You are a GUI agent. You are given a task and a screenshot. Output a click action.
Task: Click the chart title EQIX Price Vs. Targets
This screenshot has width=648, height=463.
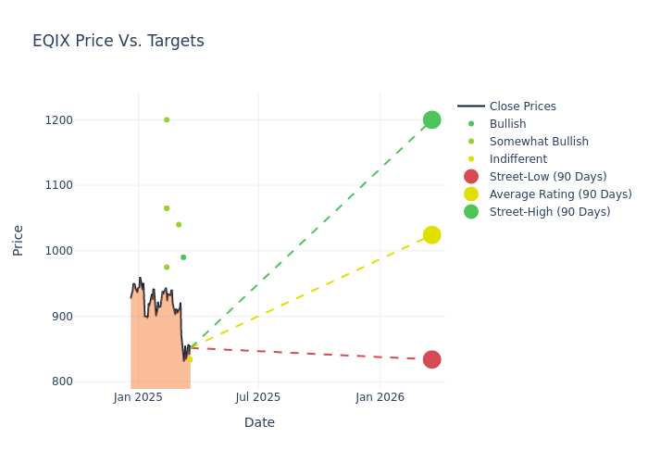118,41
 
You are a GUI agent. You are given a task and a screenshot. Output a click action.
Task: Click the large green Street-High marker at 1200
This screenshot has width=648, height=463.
431,119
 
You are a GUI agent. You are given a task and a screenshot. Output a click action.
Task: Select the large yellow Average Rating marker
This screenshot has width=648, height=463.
431,235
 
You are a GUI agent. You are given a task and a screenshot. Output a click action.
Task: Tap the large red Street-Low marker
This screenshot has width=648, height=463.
431,359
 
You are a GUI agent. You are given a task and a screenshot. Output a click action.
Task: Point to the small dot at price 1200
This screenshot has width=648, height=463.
167,119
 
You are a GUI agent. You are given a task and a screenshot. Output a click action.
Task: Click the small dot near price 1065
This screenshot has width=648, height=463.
167,208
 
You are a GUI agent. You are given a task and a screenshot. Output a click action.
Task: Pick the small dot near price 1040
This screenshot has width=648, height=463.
179,224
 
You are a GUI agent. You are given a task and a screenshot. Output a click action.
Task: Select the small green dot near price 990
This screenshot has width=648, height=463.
183,257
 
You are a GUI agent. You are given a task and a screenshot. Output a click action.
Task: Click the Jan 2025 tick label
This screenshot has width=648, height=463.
138,397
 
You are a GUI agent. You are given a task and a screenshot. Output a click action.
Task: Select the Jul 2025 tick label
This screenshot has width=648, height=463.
258,397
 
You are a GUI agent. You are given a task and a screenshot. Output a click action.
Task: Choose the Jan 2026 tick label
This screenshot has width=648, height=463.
380,397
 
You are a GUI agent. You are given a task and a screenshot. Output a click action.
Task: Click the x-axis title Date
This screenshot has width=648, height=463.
259,422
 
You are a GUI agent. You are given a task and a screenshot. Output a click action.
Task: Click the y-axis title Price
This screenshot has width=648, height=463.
19,240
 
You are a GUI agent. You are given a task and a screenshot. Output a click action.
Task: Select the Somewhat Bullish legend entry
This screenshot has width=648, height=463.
538,142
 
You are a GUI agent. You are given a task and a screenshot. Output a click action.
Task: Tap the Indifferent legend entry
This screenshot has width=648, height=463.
517,159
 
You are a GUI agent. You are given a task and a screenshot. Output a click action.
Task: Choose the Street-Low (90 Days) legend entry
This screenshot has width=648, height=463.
547,177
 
